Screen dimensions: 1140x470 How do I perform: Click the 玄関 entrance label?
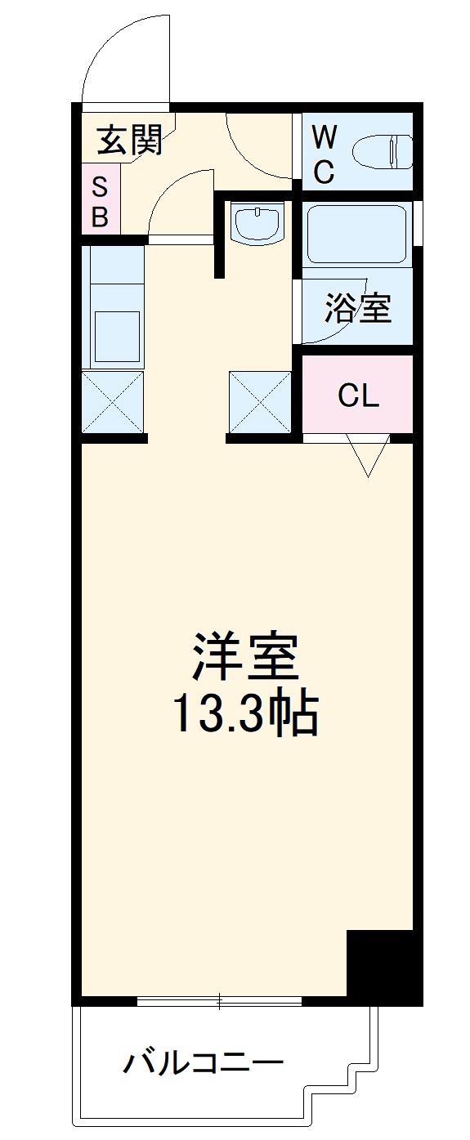pos(130,141)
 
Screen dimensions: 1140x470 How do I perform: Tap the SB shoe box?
pos(100,202)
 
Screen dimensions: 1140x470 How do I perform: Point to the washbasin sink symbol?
pos(257,222)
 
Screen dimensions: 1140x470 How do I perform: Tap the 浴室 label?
pos(357,307)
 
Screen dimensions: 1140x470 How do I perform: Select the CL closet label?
pos(359,396)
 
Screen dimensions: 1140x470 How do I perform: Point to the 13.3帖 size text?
pos(244,716)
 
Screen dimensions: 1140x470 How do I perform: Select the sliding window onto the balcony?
pos(219,1000)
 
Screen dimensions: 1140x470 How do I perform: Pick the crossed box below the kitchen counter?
pos(113,402)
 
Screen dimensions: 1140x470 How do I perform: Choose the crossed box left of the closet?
pos(260,402)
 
